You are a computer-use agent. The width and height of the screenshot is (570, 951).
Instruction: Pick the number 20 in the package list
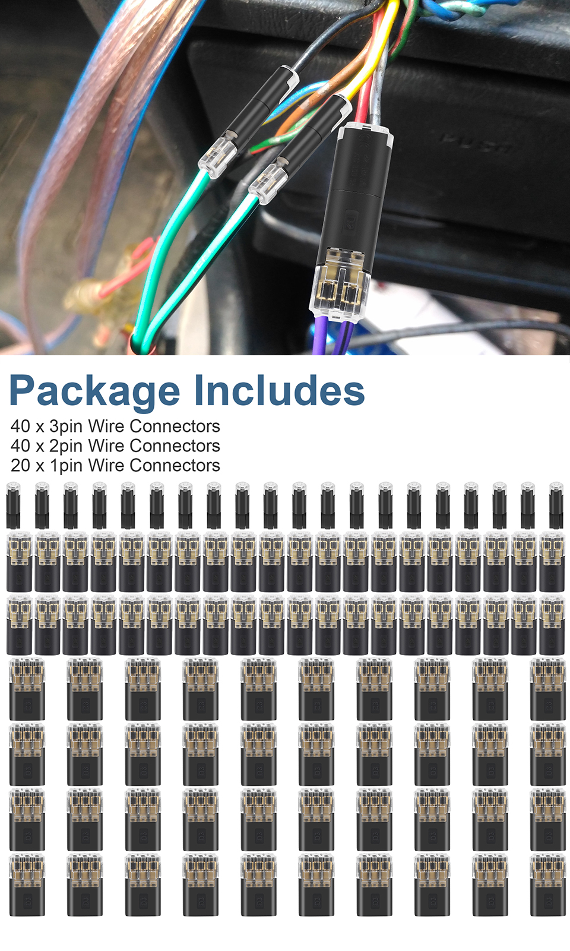tap(20, 465)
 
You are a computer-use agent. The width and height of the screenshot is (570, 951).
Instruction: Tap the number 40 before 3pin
tap(20, 426)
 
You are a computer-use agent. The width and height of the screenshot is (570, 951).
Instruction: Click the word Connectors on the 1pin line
tap(175, 465)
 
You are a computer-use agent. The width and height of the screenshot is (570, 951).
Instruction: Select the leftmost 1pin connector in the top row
tap(13, 505)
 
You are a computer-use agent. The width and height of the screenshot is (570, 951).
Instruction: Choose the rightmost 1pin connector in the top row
tap(556, 505)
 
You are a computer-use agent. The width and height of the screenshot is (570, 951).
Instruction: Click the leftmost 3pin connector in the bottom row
tap(27, 885)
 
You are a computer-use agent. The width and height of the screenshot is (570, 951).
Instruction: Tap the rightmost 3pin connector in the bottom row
tap(547, 885)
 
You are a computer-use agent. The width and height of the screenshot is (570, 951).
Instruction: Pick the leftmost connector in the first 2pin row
tap(19, 561)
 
